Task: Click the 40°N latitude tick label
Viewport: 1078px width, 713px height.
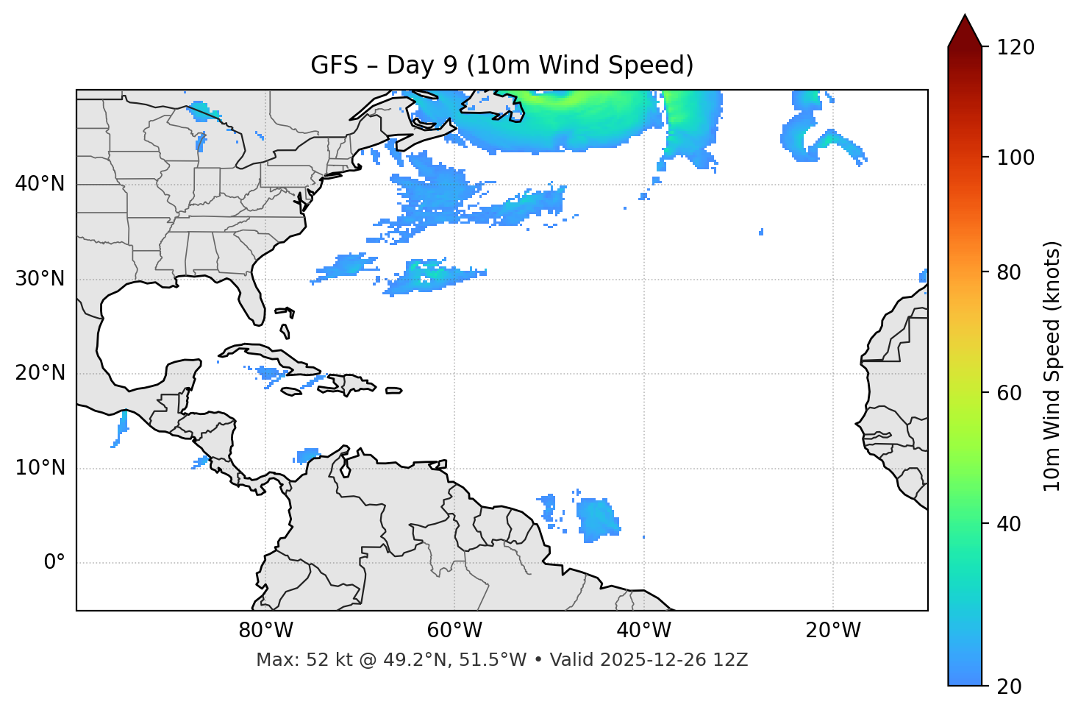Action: point(40,184)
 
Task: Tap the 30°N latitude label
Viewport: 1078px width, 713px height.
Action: point(40,279)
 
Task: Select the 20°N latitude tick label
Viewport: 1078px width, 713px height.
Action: point(40,373)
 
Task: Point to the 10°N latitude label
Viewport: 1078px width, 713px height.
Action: point(40,468)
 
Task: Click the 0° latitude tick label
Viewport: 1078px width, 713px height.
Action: point(54,563)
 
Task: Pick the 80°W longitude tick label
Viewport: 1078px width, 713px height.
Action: point(265,631)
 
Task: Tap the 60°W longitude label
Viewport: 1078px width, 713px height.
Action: point(454,631)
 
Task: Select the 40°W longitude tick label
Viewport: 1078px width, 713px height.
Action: point(644,631)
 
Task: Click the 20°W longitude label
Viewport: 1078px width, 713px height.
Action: point(833,631)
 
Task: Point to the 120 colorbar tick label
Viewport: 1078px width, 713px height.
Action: point(1015,48)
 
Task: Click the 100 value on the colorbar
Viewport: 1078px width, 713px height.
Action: point(1015,157)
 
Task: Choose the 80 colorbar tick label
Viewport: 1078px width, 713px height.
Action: point(1009,272)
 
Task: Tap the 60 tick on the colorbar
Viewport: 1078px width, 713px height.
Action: point(1009,393)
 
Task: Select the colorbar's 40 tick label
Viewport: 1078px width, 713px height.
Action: point(1009,524)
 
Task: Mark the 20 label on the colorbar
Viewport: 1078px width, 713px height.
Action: point(1009,687)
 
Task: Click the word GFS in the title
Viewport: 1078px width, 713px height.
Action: point(334,65)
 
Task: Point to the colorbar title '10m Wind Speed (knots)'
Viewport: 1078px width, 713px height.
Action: point(1052,366)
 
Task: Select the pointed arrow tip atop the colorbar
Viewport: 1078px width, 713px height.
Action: point(965,22)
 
